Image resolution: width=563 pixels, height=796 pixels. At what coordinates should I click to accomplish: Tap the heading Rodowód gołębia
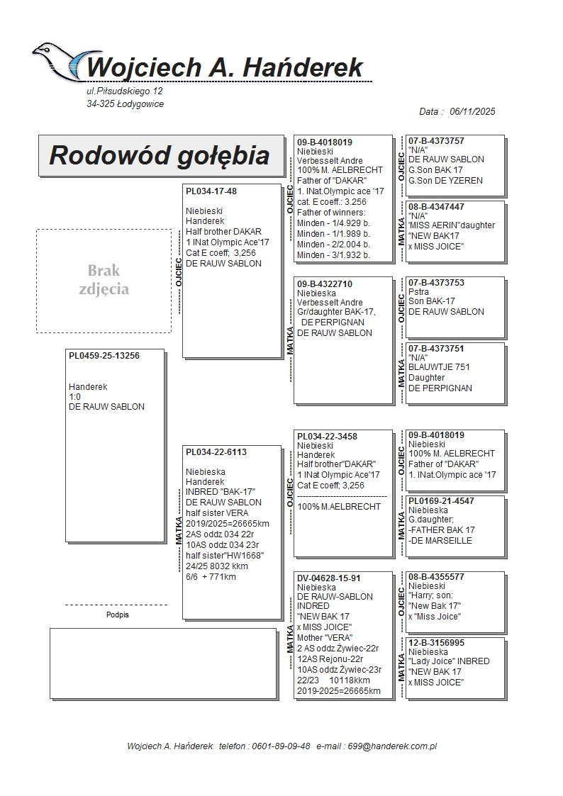point(160,155)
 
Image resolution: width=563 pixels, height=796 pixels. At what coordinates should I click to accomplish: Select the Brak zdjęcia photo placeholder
point(104,280)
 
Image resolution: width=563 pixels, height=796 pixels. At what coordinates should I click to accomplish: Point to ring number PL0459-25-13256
point(104,356)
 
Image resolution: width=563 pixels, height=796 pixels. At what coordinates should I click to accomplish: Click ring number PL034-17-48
point(211,191)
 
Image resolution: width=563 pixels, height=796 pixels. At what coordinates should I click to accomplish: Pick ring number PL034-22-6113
point(216,452)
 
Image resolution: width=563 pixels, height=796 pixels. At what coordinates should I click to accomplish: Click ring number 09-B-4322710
point(325,284)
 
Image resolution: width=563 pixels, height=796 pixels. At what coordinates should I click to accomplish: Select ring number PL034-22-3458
point(327,436)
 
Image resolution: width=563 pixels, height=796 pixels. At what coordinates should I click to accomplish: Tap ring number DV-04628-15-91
point(329,578)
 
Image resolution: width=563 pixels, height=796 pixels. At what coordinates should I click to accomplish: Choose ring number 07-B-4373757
point(437,141)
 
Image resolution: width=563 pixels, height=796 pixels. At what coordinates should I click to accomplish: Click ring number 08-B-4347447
point(437,206)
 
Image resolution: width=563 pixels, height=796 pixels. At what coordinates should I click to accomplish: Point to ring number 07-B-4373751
point(437,348)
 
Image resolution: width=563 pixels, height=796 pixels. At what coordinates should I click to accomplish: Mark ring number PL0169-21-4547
point(442,500)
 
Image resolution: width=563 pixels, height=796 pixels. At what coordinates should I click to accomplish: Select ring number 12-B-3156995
point(437,642)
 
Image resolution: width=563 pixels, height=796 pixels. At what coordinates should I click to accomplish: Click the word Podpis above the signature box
point(118,615)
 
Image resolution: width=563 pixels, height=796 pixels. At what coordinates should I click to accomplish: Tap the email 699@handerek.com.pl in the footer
point(396,746)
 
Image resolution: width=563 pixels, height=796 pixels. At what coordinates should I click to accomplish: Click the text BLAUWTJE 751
point(439,367)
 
